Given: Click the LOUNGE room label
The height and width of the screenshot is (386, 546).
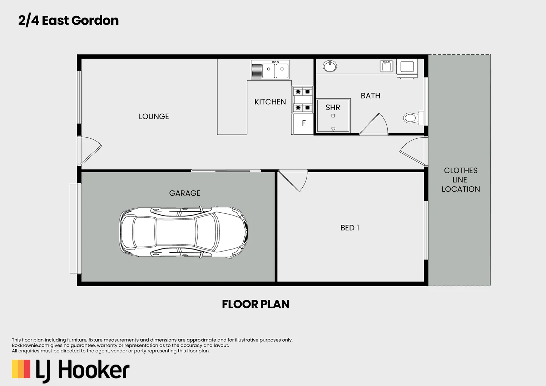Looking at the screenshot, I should pyautogui.click(x=154, y=117).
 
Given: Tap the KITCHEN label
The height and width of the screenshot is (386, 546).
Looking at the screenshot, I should pyautogui.click(x=270, y=102).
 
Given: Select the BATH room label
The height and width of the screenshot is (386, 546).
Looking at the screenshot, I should pyautogui.click(x=370, y=96).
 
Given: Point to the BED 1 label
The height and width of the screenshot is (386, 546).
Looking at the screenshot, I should pyautogui.click(x=349, y=228).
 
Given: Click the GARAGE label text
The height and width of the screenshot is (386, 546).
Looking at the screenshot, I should pyautogui.click(x=184, y=193).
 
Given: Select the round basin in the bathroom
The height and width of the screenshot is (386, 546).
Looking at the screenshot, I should pyautogui.click(x=329, y=66).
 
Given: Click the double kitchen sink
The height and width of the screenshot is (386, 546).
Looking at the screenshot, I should pyautogui.click(x=275, y=70).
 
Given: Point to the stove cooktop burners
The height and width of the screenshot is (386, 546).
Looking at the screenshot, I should pyautogui.click(x=303, y=100).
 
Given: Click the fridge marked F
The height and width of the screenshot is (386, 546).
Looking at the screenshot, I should pyautogui.click(x=303, y=123).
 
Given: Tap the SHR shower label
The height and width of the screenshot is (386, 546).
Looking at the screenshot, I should pyautogui.click(x=333, y=108).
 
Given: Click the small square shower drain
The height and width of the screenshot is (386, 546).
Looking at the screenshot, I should pyautogui.click(x=333, y=116).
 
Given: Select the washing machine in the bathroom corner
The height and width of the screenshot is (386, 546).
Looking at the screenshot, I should pyautogui.click(x=407, y=68).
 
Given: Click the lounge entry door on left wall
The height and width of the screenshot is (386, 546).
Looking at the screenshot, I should pyautogui.click(x=89, y=150).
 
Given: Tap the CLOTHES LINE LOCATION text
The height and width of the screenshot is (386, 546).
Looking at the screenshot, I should pyautogui.click(x=460, y=180).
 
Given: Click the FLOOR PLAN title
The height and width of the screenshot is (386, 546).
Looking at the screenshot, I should pyautogui.click(x=255, y=304).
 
